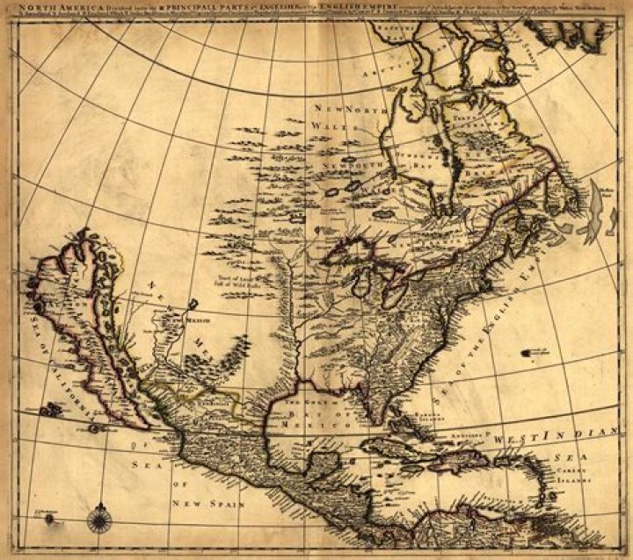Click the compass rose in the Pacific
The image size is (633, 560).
click(x=98, y=517)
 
